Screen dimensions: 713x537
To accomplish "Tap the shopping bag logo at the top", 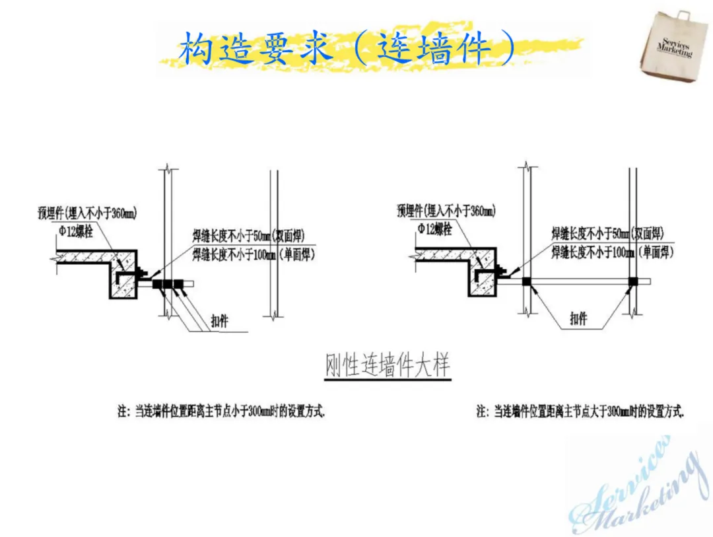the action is [x=674, y=47].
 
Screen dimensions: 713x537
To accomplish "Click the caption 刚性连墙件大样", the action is [x=388, y=367].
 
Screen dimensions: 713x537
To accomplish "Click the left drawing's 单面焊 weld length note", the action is [x=254, y=254].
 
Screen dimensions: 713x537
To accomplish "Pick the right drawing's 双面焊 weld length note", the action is [x=607, y=233].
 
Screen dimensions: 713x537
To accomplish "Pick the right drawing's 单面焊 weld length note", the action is [x=607, y=252].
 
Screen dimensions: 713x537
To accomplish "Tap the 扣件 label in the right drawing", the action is [x=578, y=319].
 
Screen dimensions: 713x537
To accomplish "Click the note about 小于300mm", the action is [x=222, y=412].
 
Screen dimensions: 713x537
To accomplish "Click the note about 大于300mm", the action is [x=580, y=412].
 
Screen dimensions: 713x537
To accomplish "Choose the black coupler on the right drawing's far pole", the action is [x=632, y=281].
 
